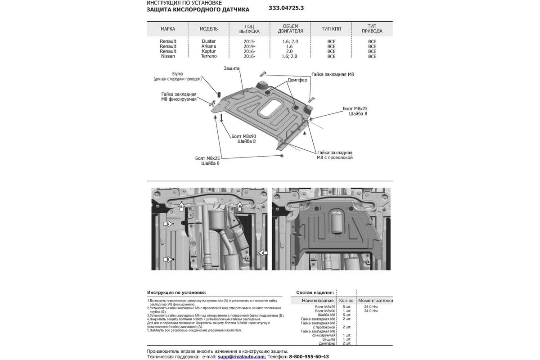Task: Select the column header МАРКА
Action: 168,29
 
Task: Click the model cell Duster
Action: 208,41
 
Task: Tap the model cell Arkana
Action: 208,46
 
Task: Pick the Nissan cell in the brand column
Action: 168,56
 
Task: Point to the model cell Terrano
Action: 208,56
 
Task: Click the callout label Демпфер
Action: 298,80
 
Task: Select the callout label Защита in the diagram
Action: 231,68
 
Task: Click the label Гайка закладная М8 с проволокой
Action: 334,155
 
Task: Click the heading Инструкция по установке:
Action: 176,292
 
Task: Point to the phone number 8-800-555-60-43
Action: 309,356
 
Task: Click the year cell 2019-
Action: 249,46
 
